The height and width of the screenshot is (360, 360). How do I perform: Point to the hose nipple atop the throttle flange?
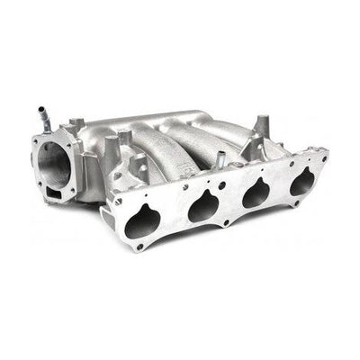point(40,118)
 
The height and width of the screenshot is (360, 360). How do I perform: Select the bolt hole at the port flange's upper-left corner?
point(117,200)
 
